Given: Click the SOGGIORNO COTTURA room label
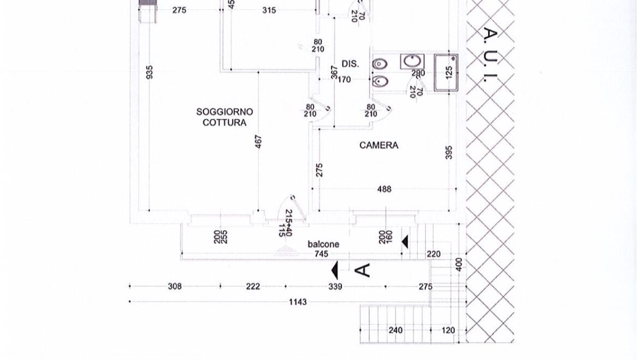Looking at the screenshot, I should click(225, 117).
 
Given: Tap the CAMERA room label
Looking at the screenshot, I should click(378, 146).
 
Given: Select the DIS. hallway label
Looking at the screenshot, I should click(350, 64).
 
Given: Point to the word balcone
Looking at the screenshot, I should click(323, 244).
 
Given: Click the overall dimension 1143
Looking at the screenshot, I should click(298, 302).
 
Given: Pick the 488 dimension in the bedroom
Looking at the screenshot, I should click(384, 189).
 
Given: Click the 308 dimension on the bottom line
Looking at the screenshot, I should click(174, 286).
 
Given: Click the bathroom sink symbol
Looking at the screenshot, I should click(412, 62).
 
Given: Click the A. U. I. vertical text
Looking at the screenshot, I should click(491, 55).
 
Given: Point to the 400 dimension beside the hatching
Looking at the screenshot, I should click(459, 265).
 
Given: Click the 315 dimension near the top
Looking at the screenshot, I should click(269, 10).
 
